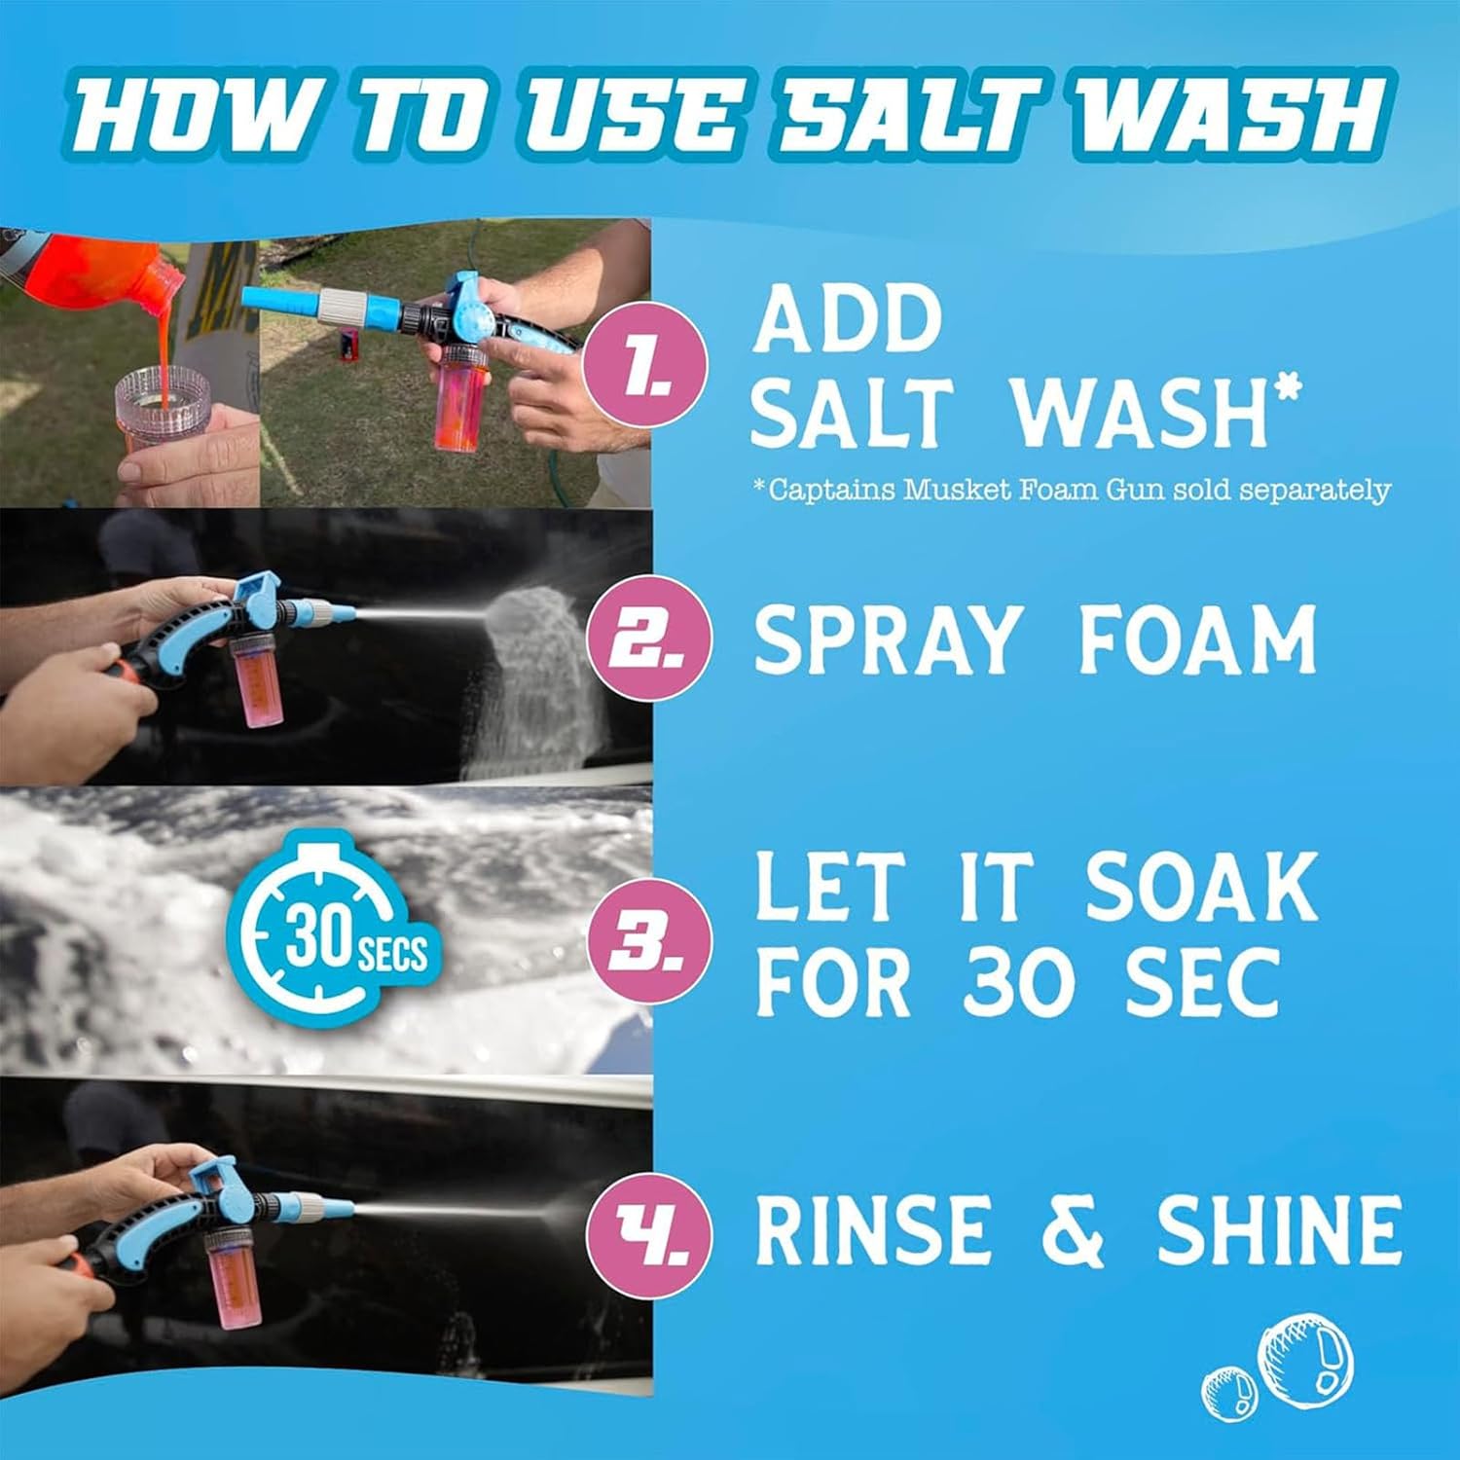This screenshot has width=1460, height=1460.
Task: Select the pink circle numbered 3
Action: click(x=646, y=942)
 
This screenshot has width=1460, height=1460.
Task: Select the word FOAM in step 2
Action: click(x=1197, y=639)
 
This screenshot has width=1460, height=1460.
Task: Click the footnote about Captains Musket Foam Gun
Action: click(x=1072, y=489)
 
